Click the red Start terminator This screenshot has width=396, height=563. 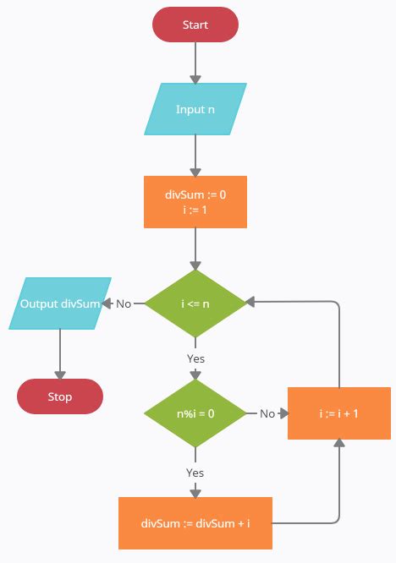pos(195,25)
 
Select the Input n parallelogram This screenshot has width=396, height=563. pos(195,109)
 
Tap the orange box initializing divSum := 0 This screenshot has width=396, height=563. pos(195,202)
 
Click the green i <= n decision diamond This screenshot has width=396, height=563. pos(195,303)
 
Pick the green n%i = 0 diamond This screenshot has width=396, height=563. pos(195,413)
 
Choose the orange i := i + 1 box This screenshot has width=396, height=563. pos(338,413)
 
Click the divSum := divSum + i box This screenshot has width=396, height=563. pos(195,523)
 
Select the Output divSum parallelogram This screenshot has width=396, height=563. pos(60,303)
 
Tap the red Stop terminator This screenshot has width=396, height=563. pos(60,396)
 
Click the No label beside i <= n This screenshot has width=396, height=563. pos(124,303)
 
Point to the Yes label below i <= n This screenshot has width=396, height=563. pos(195,358)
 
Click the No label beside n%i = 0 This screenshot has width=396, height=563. pos(267,413)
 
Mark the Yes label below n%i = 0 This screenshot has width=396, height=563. pos(195,473)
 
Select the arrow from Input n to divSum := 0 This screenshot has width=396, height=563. pos(195,156)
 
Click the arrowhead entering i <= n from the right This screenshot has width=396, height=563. pos(250,303)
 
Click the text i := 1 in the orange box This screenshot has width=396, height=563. pos(195,210)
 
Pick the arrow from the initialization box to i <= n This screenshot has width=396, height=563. pos(195,249)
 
